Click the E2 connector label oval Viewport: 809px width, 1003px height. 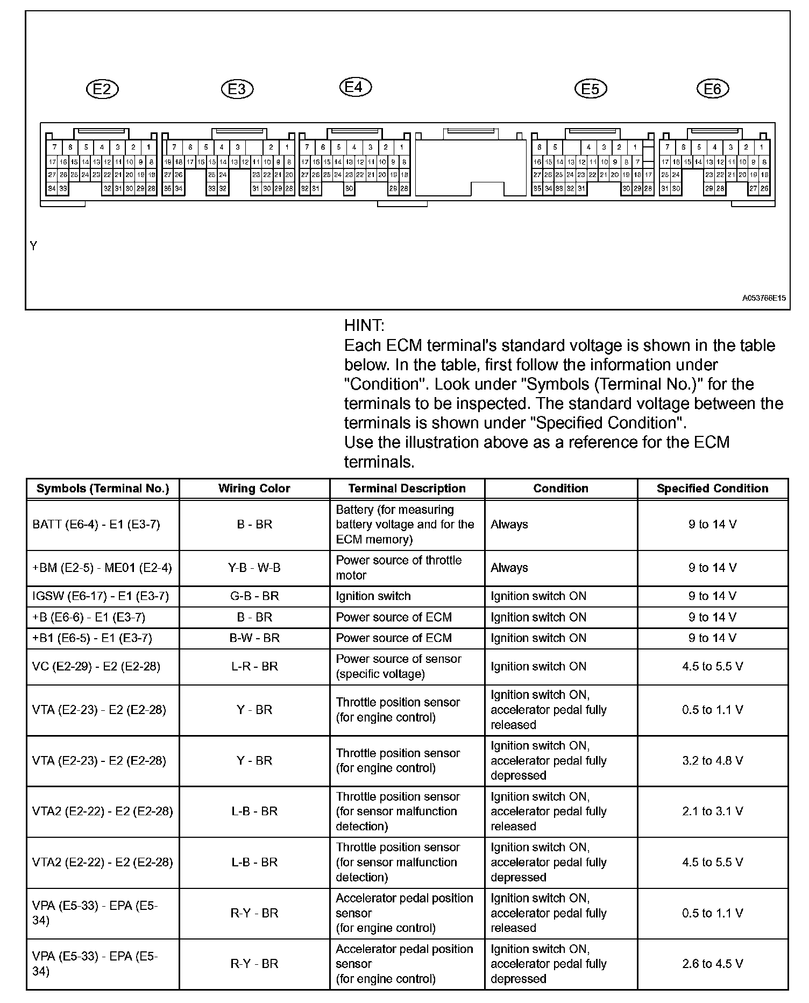pyautogui.click(x=102, y=89)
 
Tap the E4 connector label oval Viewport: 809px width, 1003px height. pyautogui.click(x=355, y=87)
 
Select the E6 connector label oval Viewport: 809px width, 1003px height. pyautogui.click(x=712, y=89)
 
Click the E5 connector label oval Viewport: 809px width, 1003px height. pyautogui.click(x=590, y=89)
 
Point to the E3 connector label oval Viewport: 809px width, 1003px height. pyautogui.click(x=237, y=89)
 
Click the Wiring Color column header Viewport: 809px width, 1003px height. pyautogui.click(x=254, y=489)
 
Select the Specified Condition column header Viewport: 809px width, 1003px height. pyautogui.click(x=712, y=489)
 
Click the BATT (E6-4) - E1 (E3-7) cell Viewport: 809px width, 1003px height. pyautogui.click(x=96, y=525)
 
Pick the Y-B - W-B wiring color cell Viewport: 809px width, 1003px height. pyautogui.click(x=254, y=568)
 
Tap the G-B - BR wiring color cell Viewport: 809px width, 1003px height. pyautogui.click(x=254, y=596)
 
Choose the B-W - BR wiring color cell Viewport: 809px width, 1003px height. pyautogui.click(x=254, y=638)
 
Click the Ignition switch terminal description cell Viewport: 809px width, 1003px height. pyautogui.click(x=373, y=596)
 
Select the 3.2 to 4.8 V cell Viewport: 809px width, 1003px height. pyautogui.click(x=712, y=760)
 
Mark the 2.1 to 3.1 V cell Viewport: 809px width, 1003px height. pyautogui.click(x=712, y=811)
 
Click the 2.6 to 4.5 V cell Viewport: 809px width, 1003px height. pyautogui.click(x=712, y=964)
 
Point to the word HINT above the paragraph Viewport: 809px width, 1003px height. pyautogui.click(x=364, y=326)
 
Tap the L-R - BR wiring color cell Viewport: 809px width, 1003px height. pyautogui.click(x=254, y=667)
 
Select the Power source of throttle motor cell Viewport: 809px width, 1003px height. pyautogui.click(x=399, y=568)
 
